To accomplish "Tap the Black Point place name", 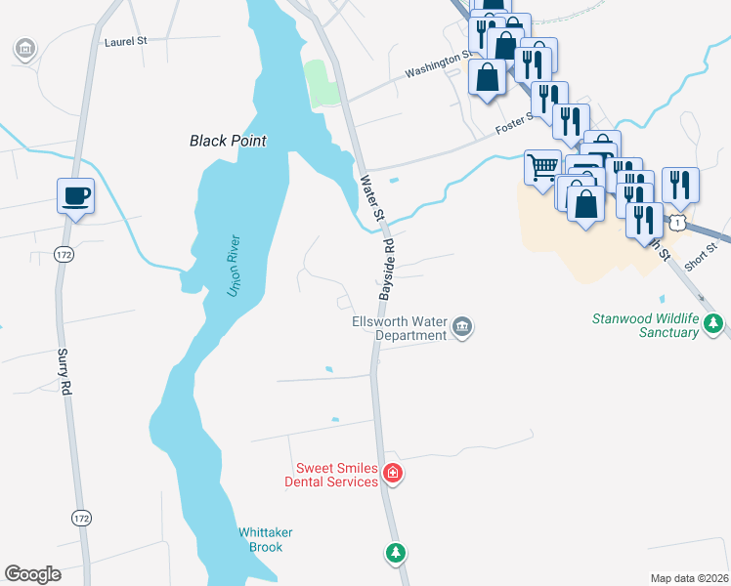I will point(228,141).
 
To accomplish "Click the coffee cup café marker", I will point(75,195).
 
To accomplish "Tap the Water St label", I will point(368,195).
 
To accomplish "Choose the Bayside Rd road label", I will point(386,270).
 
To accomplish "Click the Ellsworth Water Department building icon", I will point(463,327).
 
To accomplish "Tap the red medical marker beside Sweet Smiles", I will point(393,474).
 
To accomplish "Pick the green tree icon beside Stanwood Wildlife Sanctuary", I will point(715,321).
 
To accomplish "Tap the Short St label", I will point(700,260).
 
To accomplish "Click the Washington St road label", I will point(439,65).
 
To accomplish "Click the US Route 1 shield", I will point(680,224).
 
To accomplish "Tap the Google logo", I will point(32,574).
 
